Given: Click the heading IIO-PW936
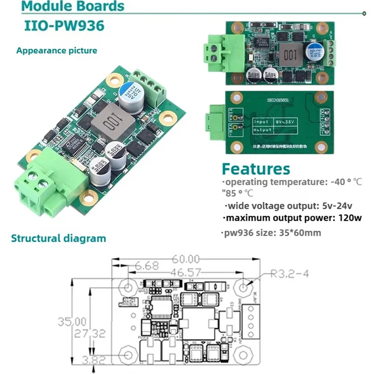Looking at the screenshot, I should click(x=64, y=26).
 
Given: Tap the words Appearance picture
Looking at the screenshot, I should click(x=57, y=50).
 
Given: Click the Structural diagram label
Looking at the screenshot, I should click(x=58, y=238).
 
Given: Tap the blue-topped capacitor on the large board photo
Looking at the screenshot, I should click(x=128, y=93).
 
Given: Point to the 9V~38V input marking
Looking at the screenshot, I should click(x=285, y=121).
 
